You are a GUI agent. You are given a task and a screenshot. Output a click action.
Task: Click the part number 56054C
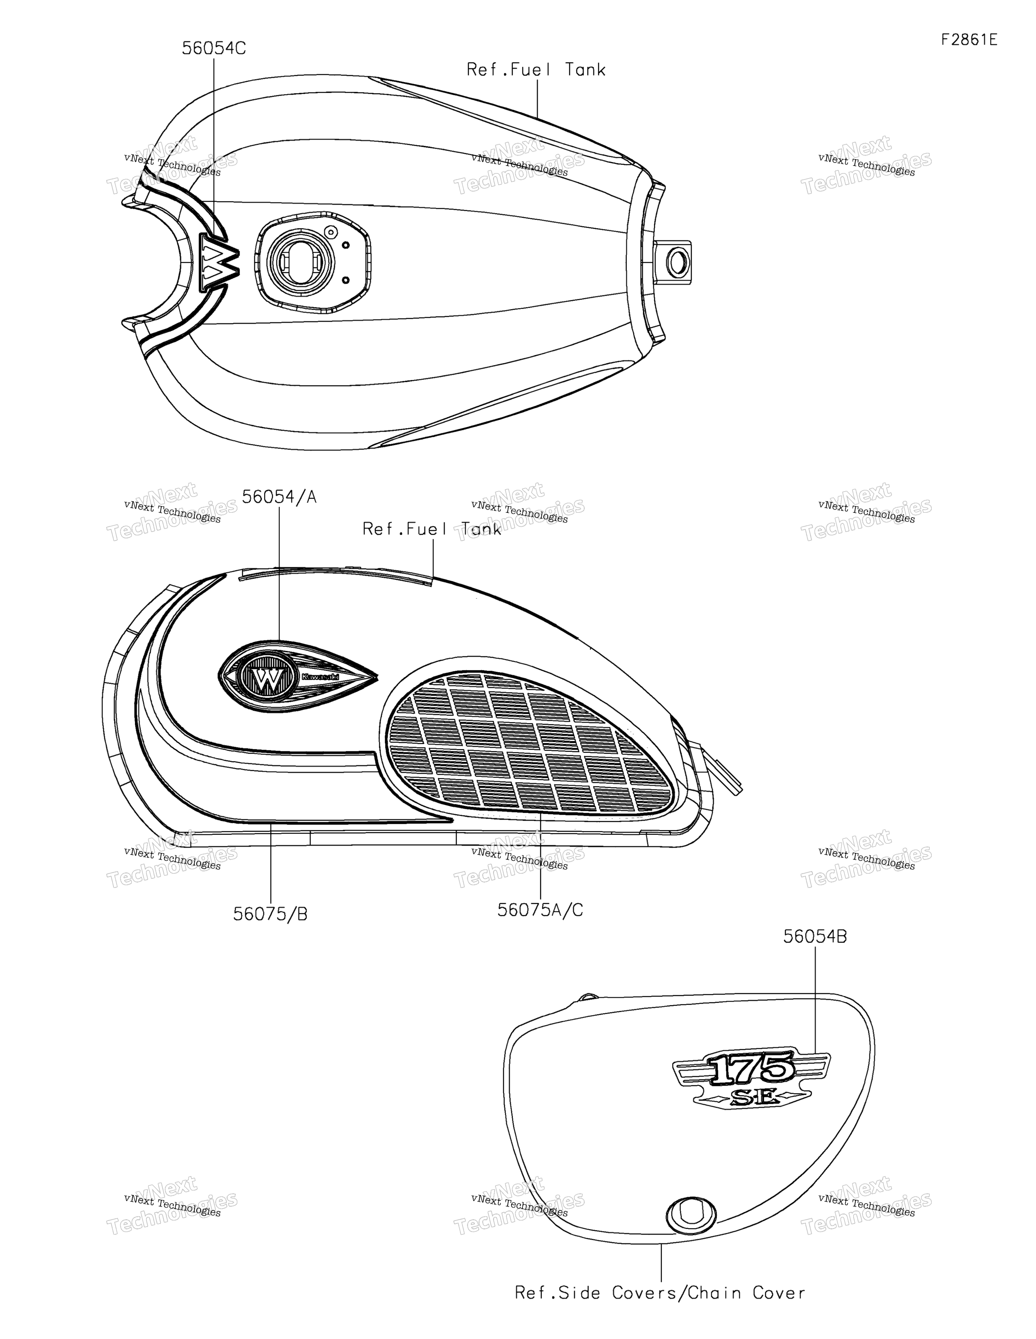pyautogui.click(x=214, y=49)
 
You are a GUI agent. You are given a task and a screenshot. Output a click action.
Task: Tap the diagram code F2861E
pyautogui.click(x=969, y=40)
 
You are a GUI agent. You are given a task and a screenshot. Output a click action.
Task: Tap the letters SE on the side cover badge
pyautogui.click(x=752, y=1099)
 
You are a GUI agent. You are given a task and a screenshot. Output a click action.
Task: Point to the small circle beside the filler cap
pyautogui.click(x=331, y=232)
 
